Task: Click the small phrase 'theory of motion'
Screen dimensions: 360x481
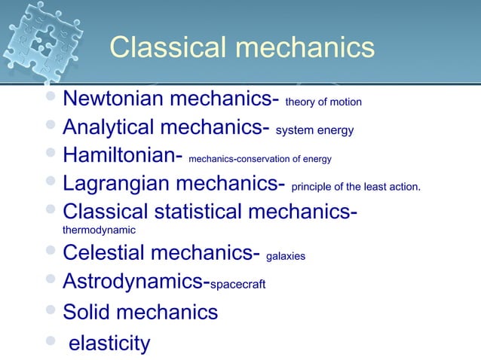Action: click(323, 102)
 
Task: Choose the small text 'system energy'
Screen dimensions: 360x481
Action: click(314, 130)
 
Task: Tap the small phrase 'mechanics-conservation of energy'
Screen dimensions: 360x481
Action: click(259, 159)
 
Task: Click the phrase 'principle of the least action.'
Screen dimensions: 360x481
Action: click(355, 187)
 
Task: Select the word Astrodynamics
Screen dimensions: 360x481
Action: click(133, 282)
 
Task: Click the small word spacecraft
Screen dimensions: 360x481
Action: click(237, 285)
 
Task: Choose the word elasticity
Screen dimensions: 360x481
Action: click(109, 343)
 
